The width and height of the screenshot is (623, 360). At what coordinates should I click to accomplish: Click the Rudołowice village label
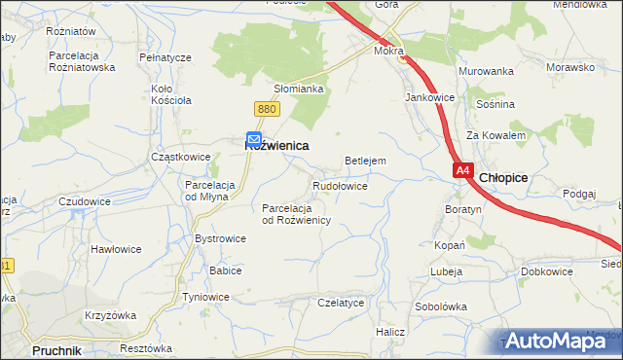(x=340, y=185)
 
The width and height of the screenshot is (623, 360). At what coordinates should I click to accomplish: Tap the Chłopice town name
(x=503, y=177)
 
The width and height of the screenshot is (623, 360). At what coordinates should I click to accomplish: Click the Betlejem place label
(x=366, y=161)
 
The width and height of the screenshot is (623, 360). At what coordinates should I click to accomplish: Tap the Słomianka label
(x=298, y=89)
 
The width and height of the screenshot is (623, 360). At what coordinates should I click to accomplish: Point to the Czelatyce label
(x=341, y=303)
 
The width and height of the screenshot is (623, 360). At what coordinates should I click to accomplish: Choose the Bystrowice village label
(x=220, y=238)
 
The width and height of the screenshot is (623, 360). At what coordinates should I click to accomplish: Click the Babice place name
(x=225, y=270)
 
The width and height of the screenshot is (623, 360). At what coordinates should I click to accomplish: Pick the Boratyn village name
(x=462, y=209)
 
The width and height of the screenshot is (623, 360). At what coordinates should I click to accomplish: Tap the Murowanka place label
(x=486, y=72)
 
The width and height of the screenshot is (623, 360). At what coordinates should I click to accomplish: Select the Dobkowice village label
(x=546, y=271)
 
